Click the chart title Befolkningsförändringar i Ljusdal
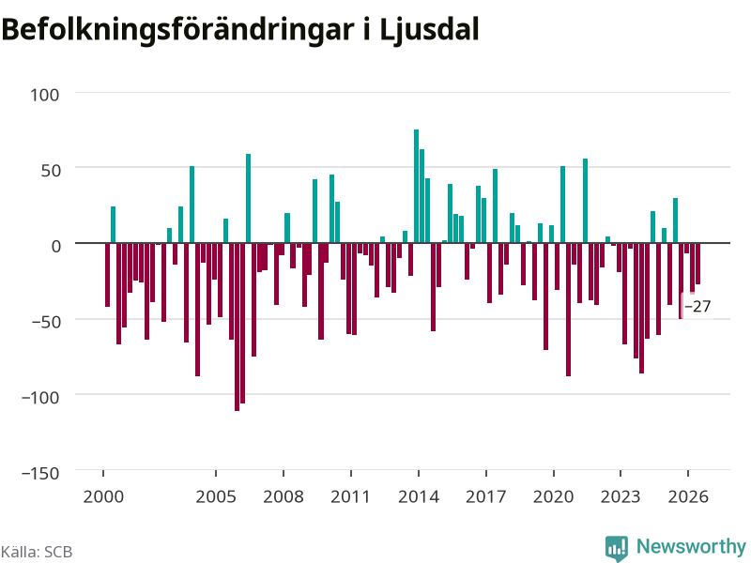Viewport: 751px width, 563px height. [x=240, y=30]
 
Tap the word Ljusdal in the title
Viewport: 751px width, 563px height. [x=429, y=31]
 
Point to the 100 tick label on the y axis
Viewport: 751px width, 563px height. [x=45, y=95]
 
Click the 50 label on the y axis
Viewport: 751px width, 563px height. [x=51, y=171]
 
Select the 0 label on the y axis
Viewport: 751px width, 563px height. [x=56, y=246]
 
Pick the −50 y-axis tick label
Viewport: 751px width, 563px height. [x=46, y=322]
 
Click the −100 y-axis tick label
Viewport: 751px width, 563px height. [x=40, y=397]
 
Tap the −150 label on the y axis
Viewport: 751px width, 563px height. [x=40, y=473]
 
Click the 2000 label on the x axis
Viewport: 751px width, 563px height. [x=103, y=496]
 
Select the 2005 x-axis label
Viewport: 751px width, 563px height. [x=216, y=496]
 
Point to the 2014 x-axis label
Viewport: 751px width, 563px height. [x=419, y=496]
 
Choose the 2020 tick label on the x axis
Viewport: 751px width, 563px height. [x=553, y=496]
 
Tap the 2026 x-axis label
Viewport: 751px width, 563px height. [x=688, y=496]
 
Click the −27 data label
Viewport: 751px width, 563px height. [x=697, y=307]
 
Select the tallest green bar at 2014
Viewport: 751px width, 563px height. [x=416, y=186]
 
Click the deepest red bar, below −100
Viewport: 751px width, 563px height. [x=238, y=327]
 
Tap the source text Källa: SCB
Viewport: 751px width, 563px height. [x=37, y=552]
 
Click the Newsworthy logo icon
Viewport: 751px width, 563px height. [x=617, y=548]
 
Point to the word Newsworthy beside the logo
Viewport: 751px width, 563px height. [x=691, y=546]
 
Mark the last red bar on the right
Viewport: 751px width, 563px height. [x=697, y=264]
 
